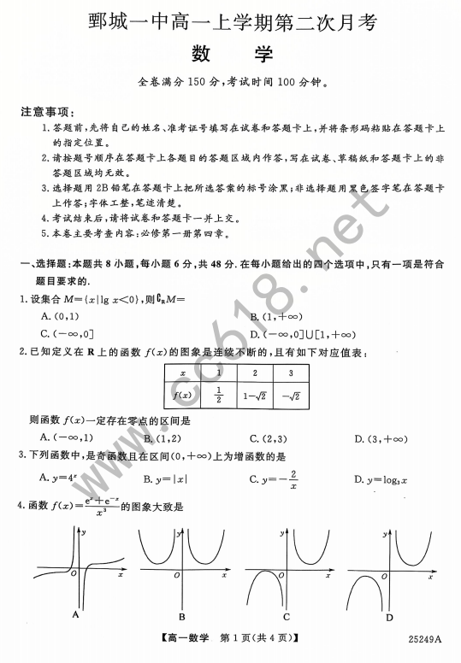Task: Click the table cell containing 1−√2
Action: [254, 395]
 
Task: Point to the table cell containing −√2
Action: [290, 395]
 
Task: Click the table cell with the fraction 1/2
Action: [219, 395]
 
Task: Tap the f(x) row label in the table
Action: [182, 395]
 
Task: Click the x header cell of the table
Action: [182, 373]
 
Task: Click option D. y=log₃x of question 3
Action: [381, 479]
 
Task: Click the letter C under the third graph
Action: [286, 616]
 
